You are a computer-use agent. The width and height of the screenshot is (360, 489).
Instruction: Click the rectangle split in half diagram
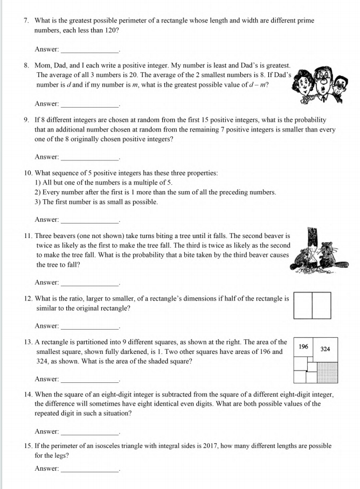(x=312, y=305)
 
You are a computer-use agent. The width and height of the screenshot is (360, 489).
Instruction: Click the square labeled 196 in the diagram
(x=303, y=347)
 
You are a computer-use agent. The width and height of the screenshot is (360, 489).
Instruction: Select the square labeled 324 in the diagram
(x=325, y=349)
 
